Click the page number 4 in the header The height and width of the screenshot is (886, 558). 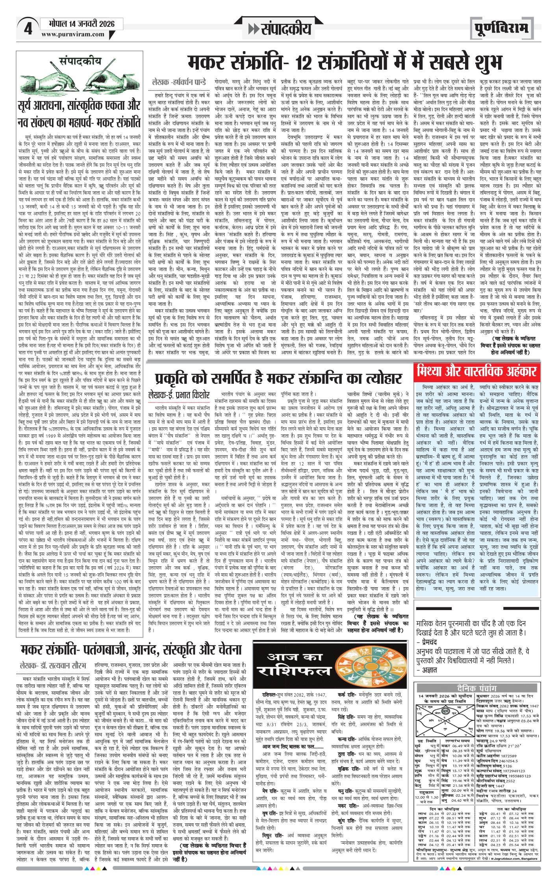pyautogui.click(x=28, y=29)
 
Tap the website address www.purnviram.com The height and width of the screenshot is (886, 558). pyautogui.click(x=73, y=34)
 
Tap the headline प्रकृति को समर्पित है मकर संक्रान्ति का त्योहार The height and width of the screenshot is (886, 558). pyautogui.click(x=278, y=378)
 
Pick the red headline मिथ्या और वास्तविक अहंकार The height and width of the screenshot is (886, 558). pyautogui.click(x=477, y=371)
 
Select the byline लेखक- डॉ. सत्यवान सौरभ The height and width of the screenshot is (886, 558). pyautogui.click(x=53, y=666)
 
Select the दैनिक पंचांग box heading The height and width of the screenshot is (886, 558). pyautogui.click(x=477, y=688)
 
